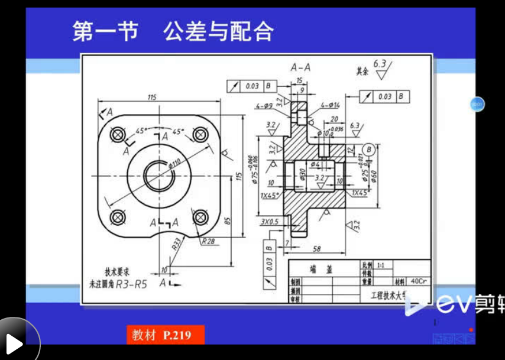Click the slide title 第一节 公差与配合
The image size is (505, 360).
pyautogui.click(x=173, y=31)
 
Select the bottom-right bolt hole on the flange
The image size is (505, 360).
pyautogui.click(x=200, y=217)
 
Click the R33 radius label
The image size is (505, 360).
pyautogui.click(x=176, y=245)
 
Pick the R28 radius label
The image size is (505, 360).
pyautogui.click(x=208, y=241)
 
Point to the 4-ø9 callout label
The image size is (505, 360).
pyautogui.click(x=264, y=106)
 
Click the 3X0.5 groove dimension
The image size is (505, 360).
pyautogui.click(x=270, y=221)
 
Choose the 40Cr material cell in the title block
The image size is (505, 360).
pyautogui.click(x=418, y=281)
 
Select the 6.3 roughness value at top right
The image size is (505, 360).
pyautogui.click(x=380, y=64)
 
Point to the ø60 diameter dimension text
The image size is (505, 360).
pyautogui.click(x=374, y=176)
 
